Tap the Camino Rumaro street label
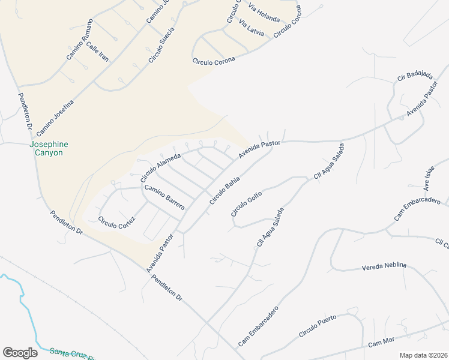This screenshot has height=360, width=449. tap(80, 40)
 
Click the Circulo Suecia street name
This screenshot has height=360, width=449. tap(162, 45)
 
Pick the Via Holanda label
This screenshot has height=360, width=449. tap(264, 14)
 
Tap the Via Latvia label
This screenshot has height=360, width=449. tap(252, 29)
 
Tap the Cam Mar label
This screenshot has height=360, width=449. tap(381, 342)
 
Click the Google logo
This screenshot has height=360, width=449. tap(20, 353)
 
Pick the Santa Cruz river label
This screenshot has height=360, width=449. tap(72, 353)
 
